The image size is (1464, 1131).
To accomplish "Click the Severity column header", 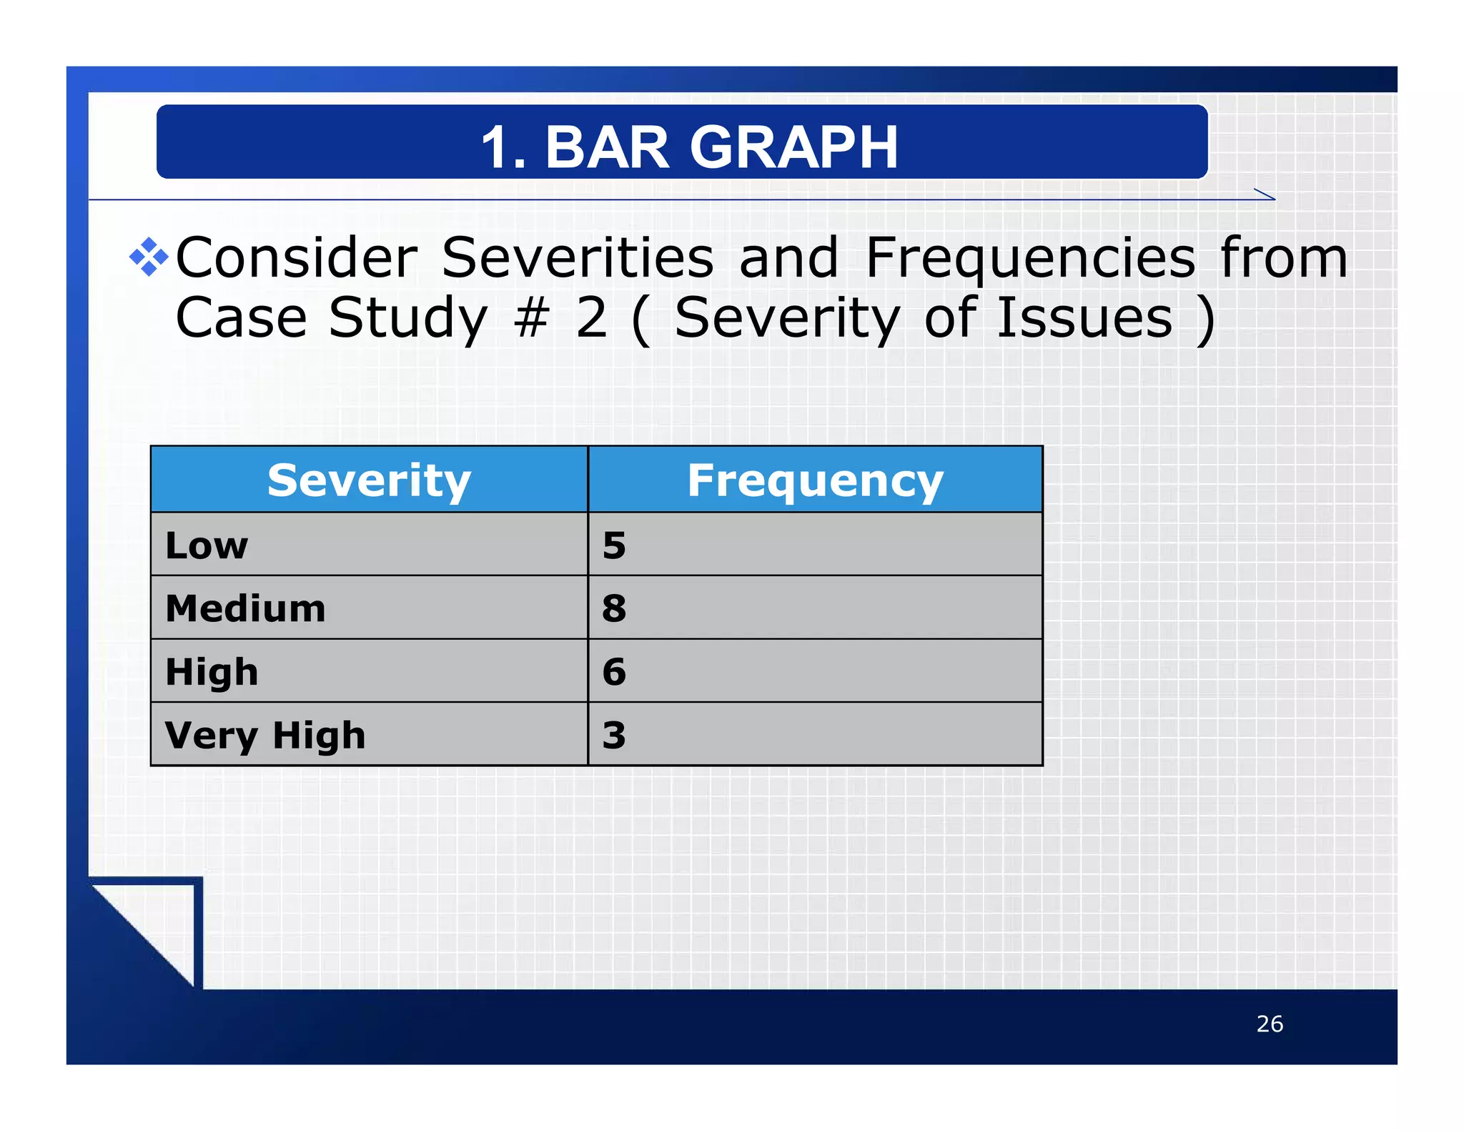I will click(369, 480).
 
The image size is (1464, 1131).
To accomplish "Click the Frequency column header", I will click(815, 480).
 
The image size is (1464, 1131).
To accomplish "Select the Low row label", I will click(207, 545).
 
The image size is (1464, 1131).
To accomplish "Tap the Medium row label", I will click(245, 608).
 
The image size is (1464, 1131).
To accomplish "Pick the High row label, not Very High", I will click(212, 672).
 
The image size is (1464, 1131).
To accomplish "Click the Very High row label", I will click(265, 736).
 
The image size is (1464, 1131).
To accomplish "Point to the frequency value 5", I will click(614, 545).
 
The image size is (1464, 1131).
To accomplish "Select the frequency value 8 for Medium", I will click(614, 608).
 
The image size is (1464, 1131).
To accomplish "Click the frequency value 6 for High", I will click(614, 672).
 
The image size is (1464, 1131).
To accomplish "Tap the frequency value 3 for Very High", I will click(614, 736).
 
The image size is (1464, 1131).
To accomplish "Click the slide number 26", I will click(1270, 1024).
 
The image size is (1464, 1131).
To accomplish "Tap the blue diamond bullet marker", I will click(149, 257).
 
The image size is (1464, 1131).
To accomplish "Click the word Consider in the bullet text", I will click(296, 258).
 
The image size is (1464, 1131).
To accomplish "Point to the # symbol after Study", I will click(531, 318).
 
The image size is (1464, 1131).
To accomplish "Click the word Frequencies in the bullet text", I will click(1030, 258).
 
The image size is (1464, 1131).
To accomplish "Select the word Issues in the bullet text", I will click(1084, 318).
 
